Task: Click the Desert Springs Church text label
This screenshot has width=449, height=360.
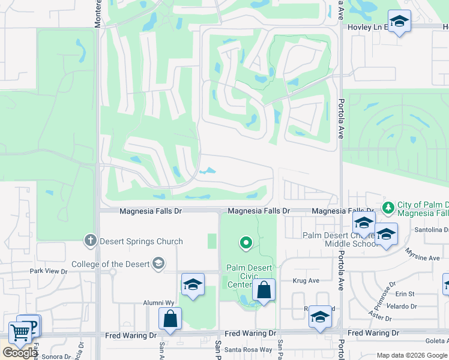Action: pos(141,242)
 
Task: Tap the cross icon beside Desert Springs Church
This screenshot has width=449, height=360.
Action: pos(90,241)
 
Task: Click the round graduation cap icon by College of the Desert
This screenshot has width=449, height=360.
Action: pos(158,263)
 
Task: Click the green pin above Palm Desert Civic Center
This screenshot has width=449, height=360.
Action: pos(245,243)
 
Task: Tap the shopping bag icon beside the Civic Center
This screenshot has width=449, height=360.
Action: pos(264,291)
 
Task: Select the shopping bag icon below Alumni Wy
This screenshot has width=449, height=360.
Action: pos(170,318)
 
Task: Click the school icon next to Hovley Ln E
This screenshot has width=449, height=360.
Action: pos(399,22)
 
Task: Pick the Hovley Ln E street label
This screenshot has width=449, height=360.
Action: pos(368,27)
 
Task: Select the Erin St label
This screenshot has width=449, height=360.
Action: pos(405,294)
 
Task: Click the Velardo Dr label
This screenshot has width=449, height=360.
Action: pos(402,306)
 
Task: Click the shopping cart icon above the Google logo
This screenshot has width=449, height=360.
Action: pos(20,332)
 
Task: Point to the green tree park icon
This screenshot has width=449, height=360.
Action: pos(388,207)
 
